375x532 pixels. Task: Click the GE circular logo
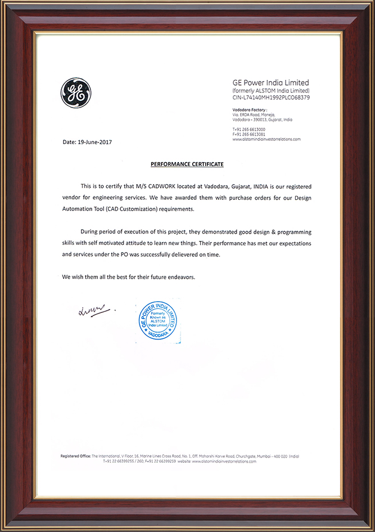click(x=75, y=93)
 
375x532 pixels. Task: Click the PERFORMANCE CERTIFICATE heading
click(x=187, y=164)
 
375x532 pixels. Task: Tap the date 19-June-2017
click(x=93, y=142)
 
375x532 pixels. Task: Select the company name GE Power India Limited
click(x=271, y=82)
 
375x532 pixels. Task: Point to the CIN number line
click(x=271, y=97)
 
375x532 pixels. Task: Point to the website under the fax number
click(x=266, y=139)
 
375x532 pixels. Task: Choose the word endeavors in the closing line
click(x=179, y=278)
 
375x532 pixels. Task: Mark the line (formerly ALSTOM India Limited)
click(x=271, y=91)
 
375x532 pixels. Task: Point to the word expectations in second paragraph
click(x=291, y=243)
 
